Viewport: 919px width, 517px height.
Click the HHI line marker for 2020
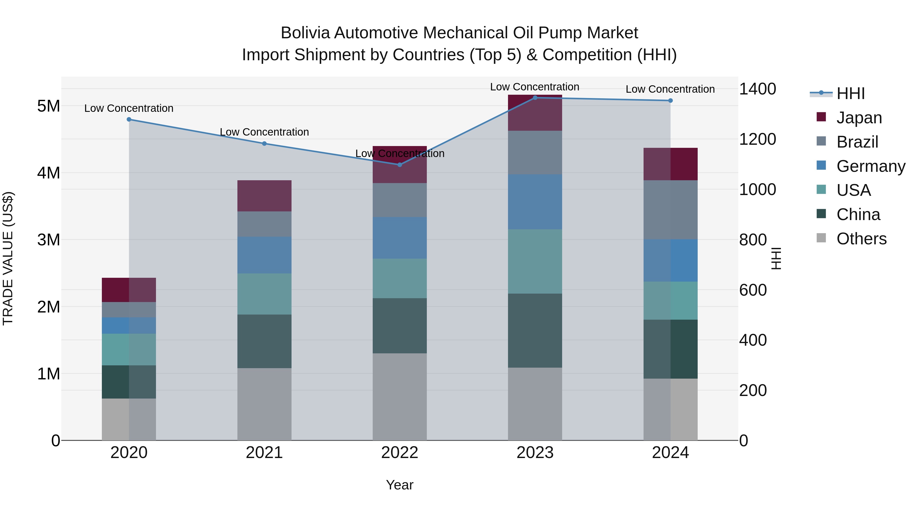[129, 119]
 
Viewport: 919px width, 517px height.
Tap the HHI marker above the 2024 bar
[670, 101]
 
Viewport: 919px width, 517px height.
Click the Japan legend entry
[859, 118]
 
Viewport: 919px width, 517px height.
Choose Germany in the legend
[870, 166]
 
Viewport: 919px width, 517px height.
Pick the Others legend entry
[861, 239]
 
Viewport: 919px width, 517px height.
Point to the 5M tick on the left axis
[49, 106]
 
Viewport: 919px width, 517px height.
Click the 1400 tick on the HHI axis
[757, 89]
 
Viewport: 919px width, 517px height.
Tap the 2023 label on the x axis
[535, 453]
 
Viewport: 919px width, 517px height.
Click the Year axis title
[400, 485]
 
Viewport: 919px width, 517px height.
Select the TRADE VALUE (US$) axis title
[8, 258]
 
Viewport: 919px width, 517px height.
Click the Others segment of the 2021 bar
[264, 404]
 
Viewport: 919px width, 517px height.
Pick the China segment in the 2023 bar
[535, 330]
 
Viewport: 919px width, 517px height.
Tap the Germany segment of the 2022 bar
[400, 238]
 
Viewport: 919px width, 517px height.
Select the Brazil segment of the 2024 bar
[670, 210]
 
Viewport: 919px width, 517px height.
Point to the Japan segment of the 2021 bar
[264, 196]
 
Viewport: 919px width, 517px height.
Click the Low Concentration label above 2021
[264, 132]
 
